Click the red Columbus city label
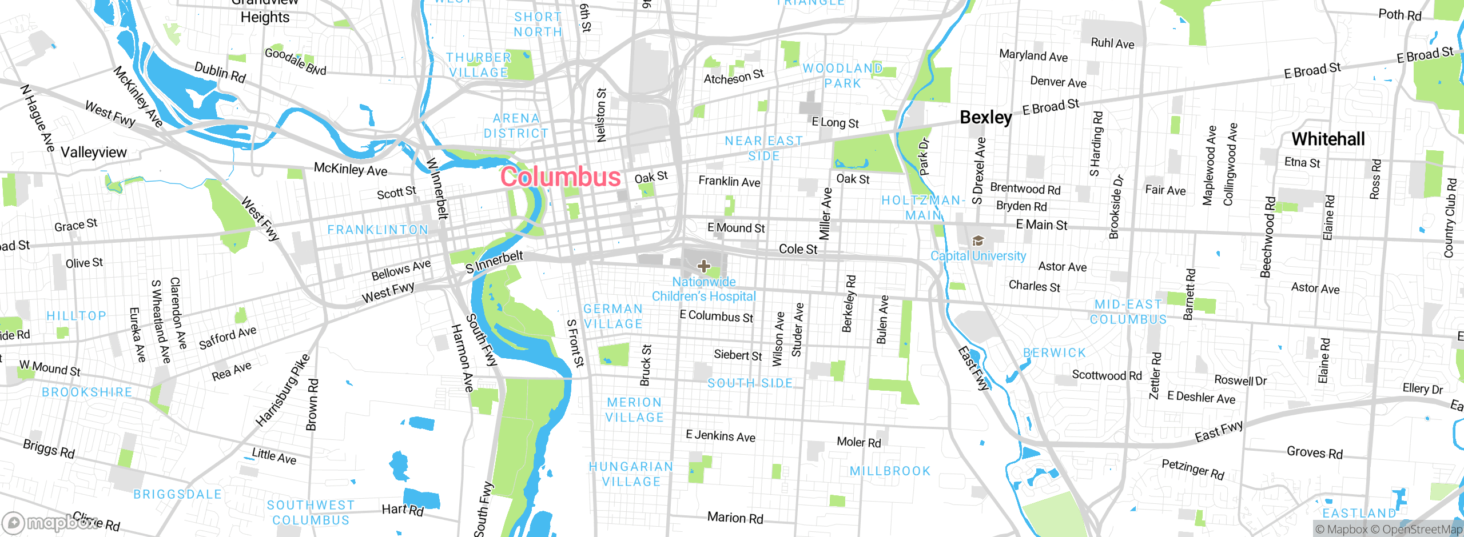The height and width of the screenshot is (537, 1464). (x=560, y=177)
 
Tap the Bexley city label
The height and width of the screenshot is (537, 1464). (x=985, y=117)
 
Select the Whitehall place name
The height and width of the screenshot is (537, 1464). (x=1328, y=139)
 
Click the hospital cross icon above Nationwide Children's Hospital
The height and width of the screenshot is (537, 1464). (x=703, y=266)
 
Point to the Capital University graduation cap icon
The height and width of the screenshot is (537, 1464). (x=978, y=241)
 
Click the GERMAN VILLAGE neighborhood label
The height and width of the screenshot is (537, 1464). (x=613, y=316)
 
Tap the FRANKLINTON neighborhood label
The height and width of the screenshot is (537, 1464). (x=377, y=230)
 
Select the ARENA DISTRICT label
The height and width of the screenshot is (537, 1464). (x=516, y=126)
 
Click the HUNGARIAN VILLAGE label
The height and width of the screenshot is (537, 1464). (x=631, y=474)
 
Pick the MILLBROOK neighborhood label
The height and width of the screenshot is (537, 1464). (x=890, y=471)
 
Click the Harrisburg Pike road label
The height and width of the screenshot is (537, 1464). (x=283, y=390)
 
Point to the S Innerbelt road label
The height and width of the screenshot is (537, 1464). (x=494, y=262)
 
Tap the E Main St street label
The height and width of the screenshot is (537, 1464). (x=1041, y=225)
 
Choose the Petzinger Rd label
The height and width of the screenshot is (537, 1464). (x=1193, y=469)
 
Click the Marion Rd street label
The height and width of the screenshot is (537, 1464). (x=735, y=518)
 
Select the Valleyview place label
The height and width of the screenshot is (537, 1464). (x=93, y=153)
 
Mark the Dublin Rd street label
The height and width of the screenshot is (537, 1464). (x=220, y=73)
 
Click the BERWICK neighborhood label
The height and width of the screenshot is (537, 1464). (x=1054, y=353)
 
